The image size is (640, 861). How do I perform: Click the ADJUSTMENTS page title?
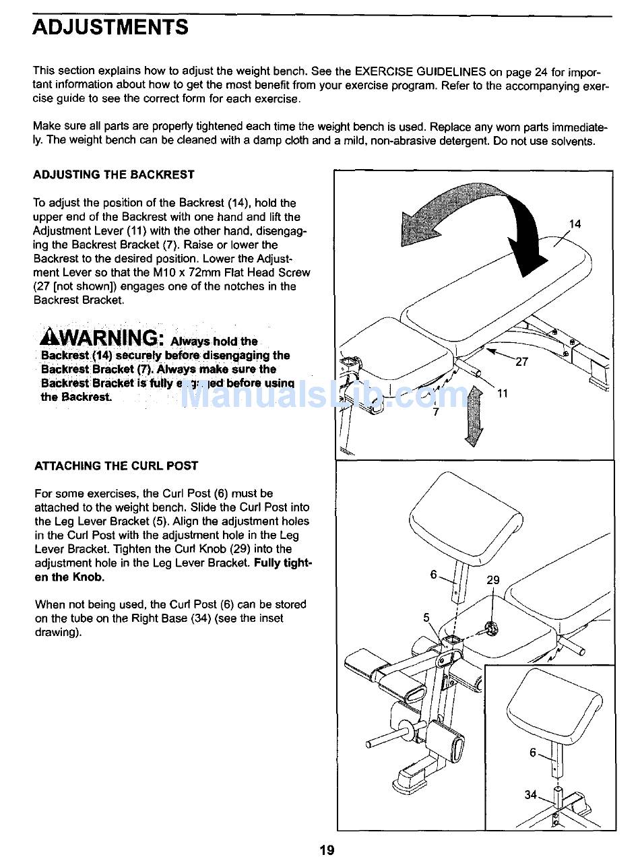(x=110, y=28)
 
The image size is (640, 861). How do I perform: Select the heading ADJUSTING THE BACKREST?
(x=114, y=174)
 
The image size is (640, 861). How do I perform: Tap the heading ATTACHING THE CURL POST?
(x=116, y=466)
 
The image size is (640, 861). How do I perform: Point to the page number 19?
(x=327, y=850)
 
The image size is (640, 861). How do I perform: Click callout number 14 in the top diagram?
(x=575, y=224)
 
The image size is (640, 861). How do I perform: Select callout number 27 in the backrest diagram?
(x=522, y=362)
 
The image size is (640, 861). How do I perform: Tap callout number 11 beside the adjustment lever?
(x=503, y=393)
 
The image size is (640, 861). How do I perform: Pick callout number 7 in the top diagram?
(x=436, y=412)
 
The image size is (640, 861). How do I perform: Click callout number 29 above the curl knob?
(x=493, y=581)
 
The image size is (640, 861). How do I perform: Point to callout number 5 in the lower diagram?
(x=426, y=617)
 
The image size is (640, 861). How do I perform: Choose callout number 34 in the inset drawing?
(x=531, y=795)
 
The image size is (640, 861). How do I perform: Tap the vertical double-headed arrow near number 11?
(x=475, y=414)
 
